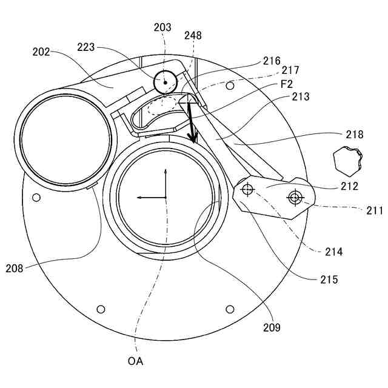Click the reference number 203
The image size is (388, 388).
(162, 27)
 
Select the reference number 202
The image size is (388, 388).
(41, 52)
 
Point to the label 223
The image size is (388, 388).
(85, 47)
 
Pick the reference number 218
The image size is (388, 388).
(354, 135)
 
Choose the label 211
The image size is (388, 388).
(374, 211)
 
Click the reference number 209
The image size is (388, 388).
(272, 327)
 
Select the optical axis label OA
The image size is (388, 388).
(135, 362)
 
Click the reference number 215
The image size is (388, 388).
(329, 280)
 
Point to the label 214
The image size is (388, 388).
(333, 251)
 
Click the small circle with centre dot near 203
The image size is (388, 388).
(164, 81)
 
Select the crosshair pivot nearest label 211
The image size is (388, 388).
(295, 197)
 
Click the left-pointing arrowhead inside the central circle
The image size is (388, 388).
(139, 198)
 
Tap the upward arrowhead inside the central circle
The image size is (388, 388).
(166, 172)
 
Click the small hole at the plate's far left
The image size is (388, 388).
(36, 197)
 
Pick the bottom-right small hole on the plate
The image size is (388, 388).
(230, 309)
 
